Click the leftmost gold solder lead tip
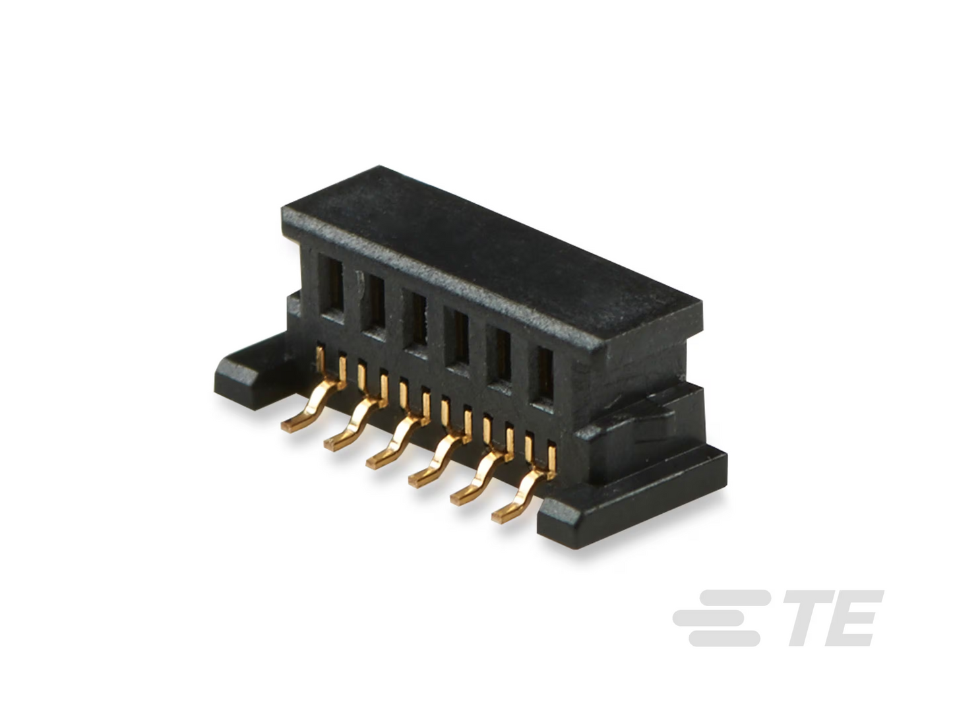(x=289, y=427)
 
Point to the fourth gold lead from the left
(x=439, y=456)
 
